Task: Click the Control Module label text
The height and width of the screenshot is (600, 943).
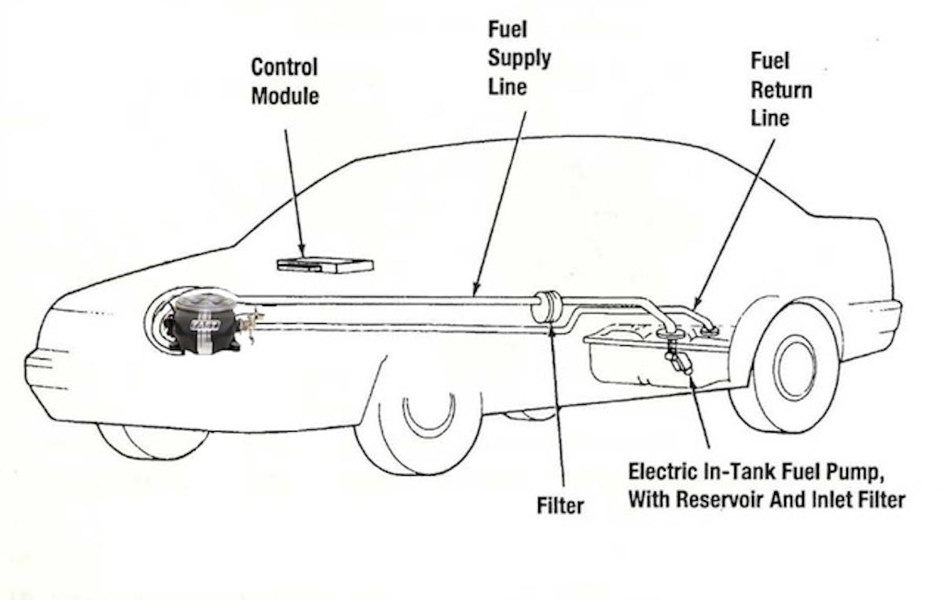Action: coord(284,81)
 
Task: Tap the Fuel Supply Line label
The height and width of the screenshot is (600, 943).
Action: coord(519,57)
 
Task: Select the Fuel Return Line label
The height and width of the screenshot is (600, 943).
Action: coord(780,90)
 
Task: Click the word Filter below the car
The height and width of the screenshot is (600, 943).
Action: coord(560,505)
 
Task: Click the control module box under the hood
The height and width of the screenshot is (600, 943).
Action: coord(325,264)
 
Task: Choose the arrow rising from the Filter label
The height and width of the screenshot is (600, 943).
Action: coord(559,409)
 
